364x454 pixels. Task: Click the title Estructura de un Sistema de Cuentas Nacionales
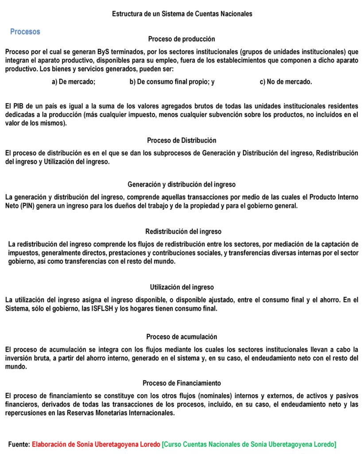click(x=182, y=14)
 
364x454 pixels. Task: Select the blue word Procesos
click(x=25, y=32)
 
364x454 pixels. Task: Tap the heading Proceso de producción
click(x=182, y=39)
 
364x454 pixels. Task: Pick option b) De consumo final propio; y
click(x=172, y=82)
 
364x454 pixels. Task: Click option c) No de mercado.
click(x=286, y=82)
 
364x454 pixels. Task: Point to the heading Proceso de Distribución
click(x=182, y=141)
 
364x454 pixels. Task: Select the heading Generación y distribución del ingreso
click(x=182, y=184)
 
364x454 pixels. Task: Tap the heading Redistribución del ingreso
click(x=183, y=231)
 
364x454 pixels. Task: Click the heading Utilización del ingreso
click(x=182, y=287)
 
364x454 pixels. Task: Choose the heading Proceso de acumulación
click(x=182, y=337)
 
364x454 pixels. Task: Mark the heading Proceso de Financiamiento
click(x=182, y=383)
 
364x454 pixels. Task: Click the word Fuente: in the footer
click(x=19, y=444)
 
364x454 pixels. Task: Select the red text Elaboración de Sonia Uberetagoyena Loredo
click(x=96, y=444)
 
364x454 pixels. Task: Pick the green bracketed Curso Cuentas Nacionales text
click(x=249, y=444)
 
